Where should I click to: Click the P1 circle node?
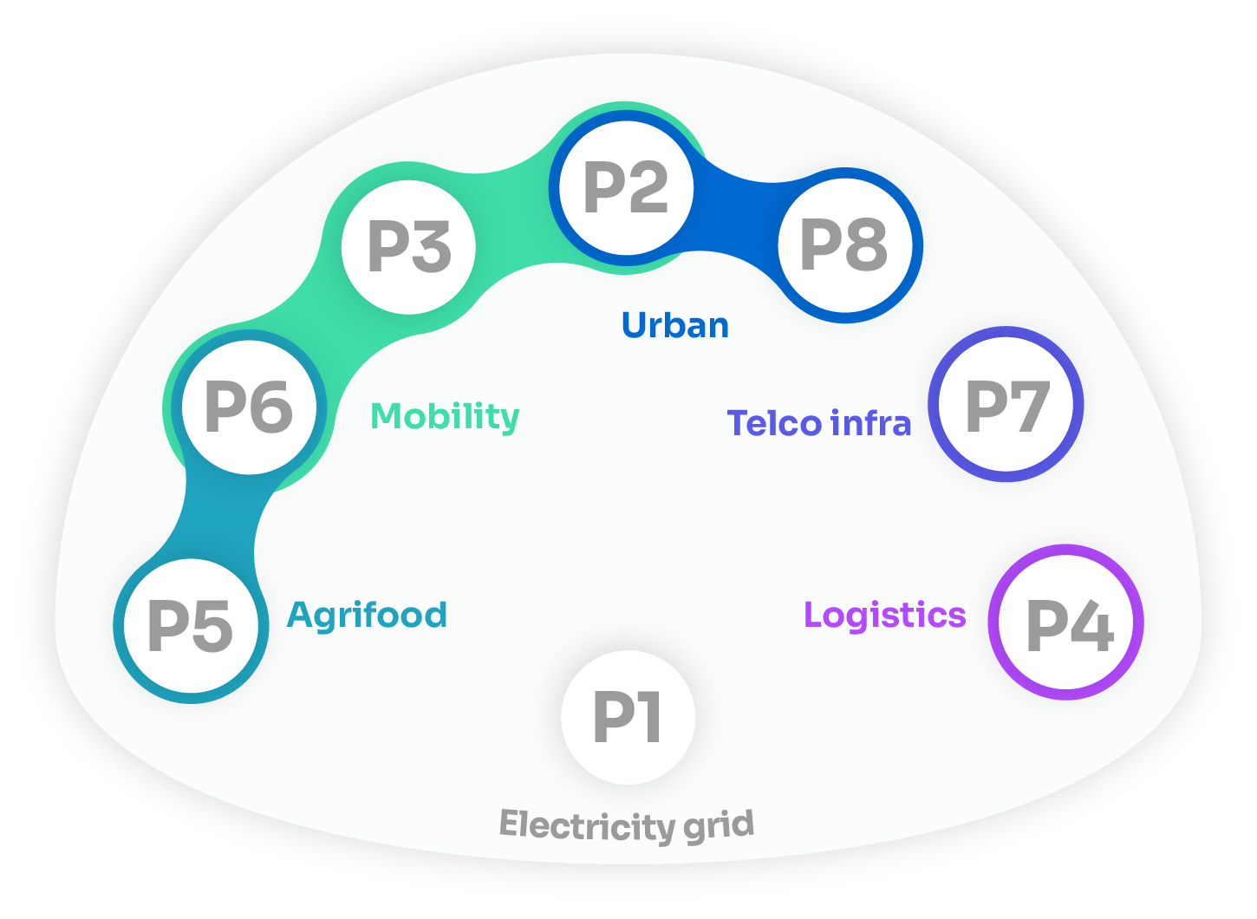[x=628, y=718]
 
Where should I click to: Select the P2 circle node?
[x=626, y=188]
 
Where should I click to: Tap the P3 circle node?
[x=409, y=246]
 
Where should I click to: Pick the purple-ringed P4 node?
[x=1066, y=622]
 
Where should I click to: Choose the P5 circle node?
[x=191, y=625]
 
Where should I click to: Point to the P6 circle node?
[x=250, y=407]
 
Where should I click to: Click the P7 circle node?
[x=1006, y=405]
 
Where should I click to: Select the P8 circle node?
[x=845, y=245]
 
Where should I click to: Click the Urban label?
[x=675, y=326]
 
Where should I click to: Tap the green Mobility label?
[x=445, y=417]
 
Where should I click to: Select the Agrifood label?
[x=368, y=616]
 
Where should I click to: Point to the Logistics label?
[x=884, y=615]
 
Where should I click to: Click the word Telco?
[x=774, y=424]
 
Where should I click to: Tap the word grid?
[x=719, y=825]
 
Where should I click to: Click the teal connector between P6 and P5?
[x=217, y=520]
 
